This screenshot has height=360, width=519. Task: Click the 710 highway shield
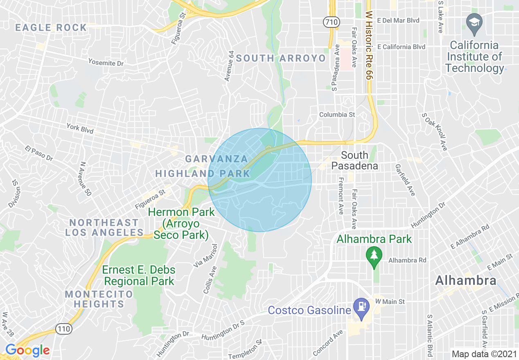[330, 22]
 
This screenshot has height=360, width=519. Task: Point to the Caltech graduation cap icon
[474, 22]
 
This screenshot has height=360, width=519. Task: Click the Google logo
[27, 350]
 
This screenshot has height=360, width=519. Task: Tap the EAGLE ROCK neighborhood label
[51, 28]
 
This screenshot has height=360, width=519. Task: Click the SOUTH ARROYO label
[281, 58]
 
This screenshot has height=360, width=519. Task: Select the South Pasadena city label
[354, 160]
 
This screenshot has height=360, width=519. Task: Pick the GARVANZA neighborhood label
[217, 159]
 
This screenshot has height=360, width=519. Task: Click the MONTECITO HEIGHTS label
[99, 299]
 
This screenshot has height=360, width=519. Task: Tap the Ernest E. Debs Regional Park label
[139, 275]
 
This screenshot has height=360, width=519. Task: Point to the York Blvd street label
[80, 129]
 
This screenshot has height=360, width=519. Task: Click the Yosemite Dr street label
[106, 62]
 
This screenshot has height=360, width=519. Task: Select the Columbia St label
[337, 115]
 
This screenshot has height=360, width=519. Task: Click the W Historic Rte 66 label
[369, 45]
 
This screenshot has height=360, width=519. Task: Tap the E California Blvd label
[401, 47]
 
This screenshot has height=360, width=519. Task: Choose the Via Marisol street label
[203, 256]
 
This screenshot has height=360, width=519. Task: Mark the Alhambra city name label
[466, 281]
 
